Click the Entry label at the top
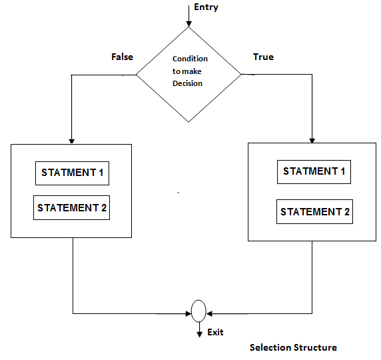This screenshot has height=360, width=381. (206, 7)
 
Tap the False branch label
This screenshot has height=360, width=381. (122, 57)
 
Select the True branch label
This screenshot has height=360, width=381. (263, 57)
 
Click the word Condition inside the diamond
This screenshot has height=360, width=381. (190, 59)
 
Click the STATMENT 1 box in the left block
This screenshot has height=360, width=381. (72, 173)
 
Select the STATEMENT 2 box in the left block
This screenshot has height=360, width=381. (72, 207)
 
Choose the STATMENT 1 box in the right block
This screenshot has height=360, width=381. (314, 171)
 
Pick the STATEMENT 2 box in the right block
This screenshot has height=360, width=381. (314, 212)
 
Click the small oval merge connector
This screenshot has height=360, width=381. (198, 311)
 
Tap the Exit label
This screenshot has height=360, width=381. (215, 332)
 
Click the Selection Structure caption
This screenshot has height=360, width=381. (293, 347)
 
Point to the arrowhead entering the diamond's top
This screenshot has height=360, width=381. (189, 23)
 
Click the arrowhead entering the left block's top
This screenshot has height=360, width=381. (71, 140)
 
